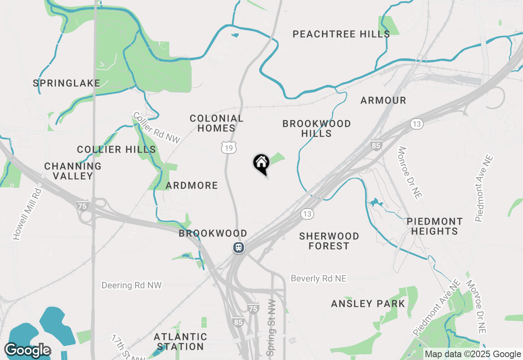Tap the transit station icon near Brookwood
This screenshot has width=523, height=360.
[x=239, y=248]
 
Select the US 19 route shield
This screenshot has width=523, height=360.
[x=229, y=148]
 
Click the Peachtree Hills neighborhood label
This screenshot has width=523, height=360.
[x=341, y=34]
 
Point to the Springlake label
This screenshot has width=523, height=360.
[x=67, y=83]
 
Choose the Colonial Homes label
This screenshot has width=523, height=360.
[x=217, y=123]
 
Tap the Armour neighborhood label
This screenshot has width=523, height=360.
[x=383, y=100]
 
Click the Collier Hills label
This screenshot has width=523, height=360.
[x=116, y=150]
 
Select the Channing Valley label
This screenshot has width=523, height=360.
[x=73, y=171]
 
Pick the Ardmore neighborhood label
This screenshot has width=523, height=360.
[x=192, y=186]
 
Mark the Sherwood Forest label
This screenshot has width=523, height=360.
[x=329, y=241]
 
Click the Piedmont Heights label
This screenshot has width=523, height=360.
[x=435, y=226]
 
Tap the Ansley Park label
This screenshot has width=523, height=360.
[x=368, y=304]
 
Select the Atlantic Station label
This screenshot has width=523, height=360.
[x=180, y=342]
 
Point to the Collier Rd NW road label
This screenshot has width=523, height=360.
[x=156, y=128]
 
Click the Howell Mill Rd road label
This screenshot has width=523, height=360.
[x=27, y=213]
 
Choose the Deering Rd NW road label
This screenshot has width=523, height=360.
[x=132, y=285]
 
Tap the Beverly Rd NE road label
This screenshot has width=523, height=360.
[x=319, y=279]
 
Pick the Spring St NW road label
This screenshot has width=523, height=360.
[x=271, y=327]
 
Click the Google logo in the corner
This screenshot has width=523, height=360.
[x=28, y=350]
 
